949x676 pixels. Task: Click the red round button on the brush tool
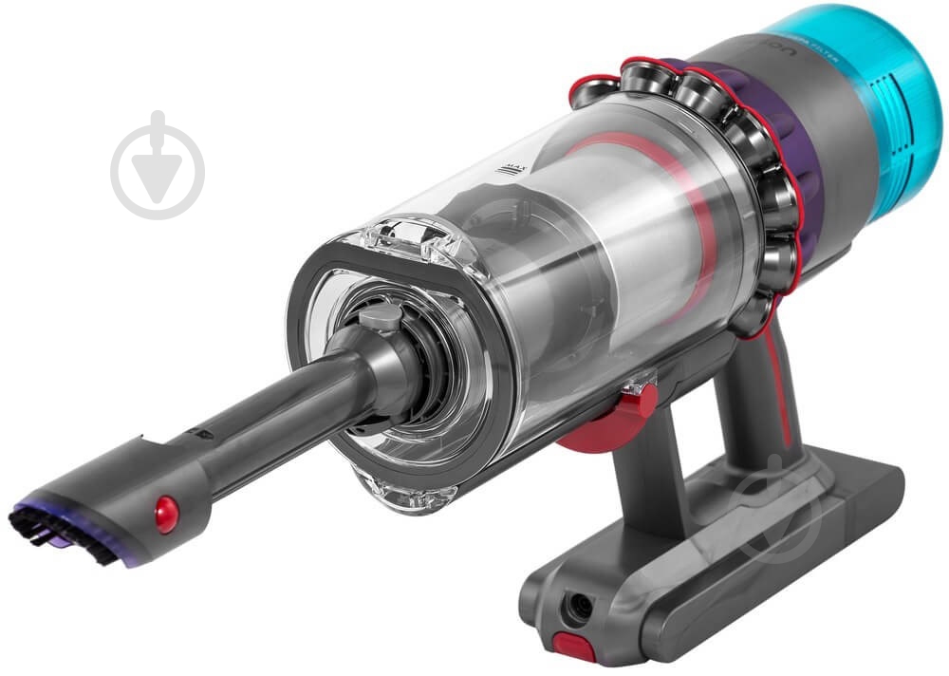click(x=165, y=514)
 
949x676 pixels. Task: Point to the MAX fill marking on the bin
click(x=514, y=171)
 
